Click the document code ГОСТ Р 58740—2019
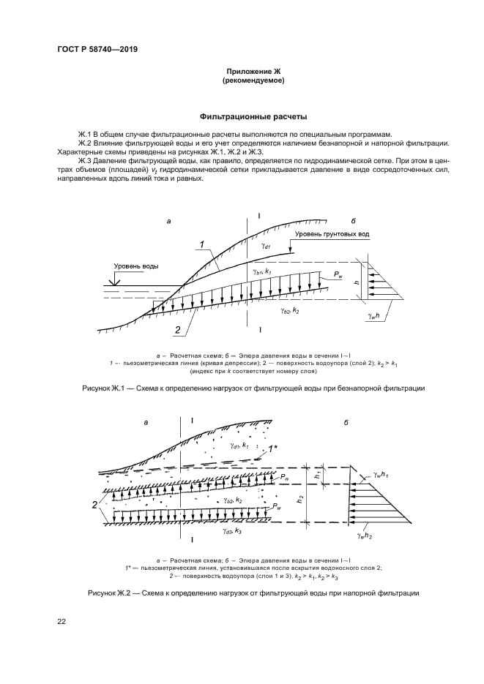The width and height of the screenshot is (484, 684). coord(97,50)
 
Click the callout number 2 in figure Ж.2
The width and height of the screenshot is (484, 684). coord(95,505)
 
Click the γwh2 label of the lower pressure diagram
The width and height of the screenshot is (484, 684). coord(367,536)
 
